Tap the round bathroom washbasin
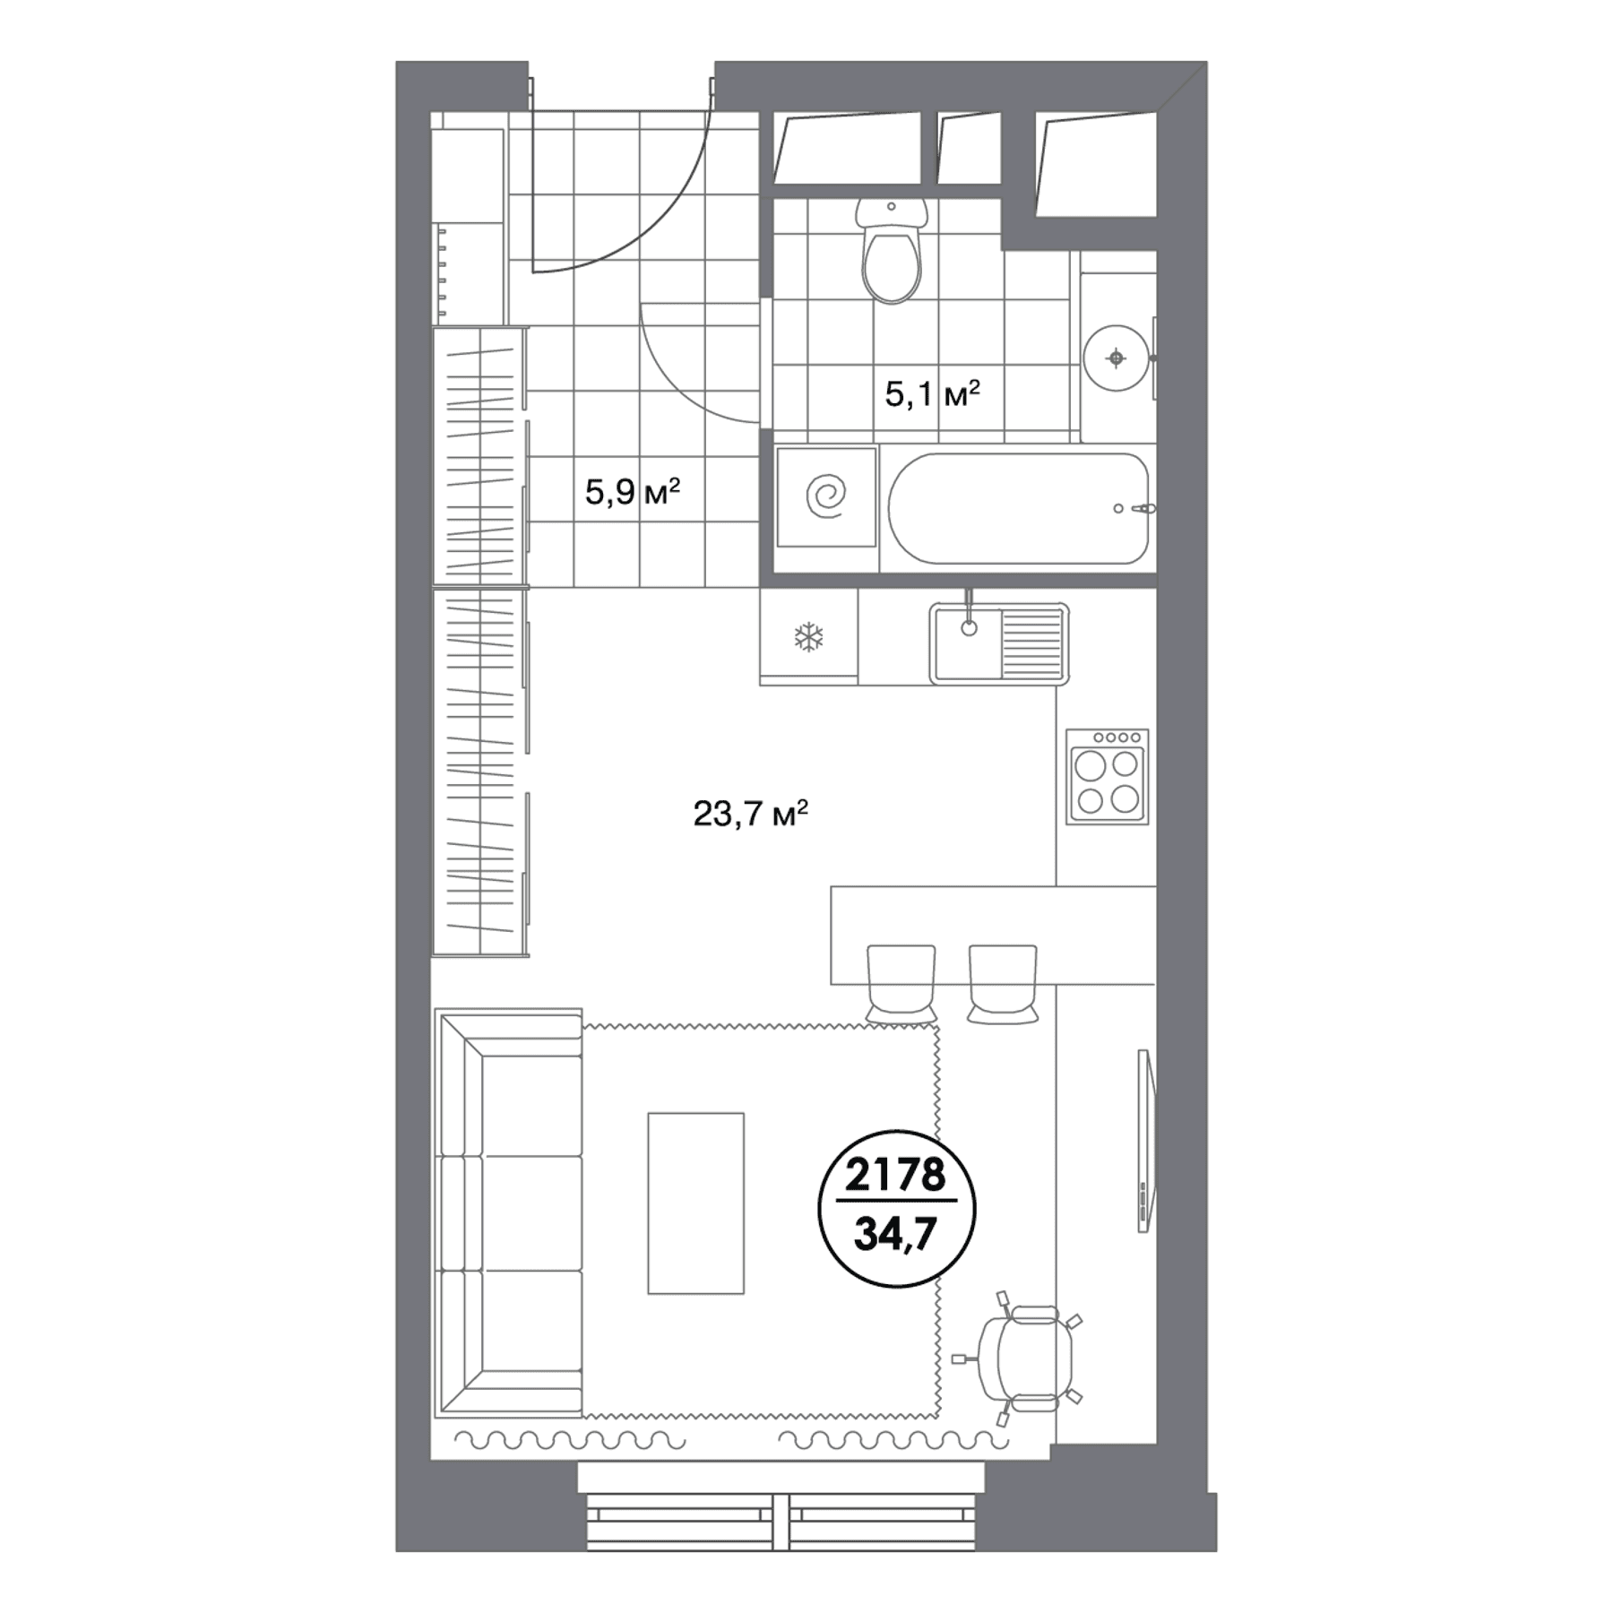(x=1116, y=358)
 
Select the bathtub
(x=1018, y=509)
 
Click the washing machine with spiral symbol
(x=826, y=496)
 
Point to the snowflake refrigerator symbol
(x=808, y=637)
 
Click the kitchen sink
(x=999, y=643)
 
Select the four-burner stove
(x=1108, y=776)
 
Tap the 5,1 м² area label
(x=932, y=393)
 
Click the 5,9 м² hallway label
(x=633, y=492)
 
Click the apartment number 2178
(x=896, y=1174)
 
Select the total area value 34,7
(x=896, y=1234)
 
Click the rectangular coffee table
(x=696, y=1203)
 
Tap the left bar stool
(x=901, y=984)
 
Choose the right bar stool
(x=1003, y=984)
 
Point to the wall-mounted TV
(x=1146, y=1140)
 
